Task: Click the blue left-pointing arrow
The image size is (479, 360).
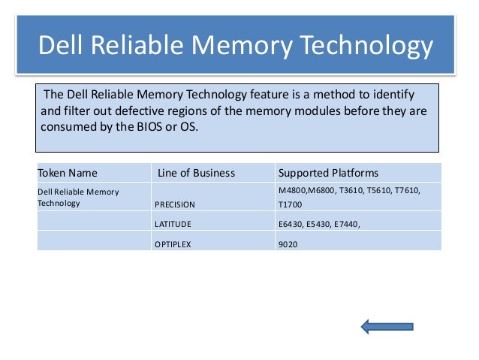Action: coord(387,326)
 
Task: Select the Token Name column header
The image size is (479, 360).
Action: coord(68,173)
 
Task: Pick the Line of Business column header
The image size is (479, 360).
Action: coord(196,173)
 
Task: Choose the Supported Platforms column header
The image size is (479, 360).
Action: coord(328,173)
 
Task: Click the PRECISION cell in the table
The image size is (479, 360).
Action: coord(174,204)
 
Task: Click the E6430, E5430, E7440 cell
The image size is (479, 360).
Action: coord(318,224)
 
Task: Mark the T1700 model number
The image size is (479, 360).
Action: coord(291,204)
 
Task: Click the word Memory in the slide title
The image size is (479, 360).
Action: coord(233,46)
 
